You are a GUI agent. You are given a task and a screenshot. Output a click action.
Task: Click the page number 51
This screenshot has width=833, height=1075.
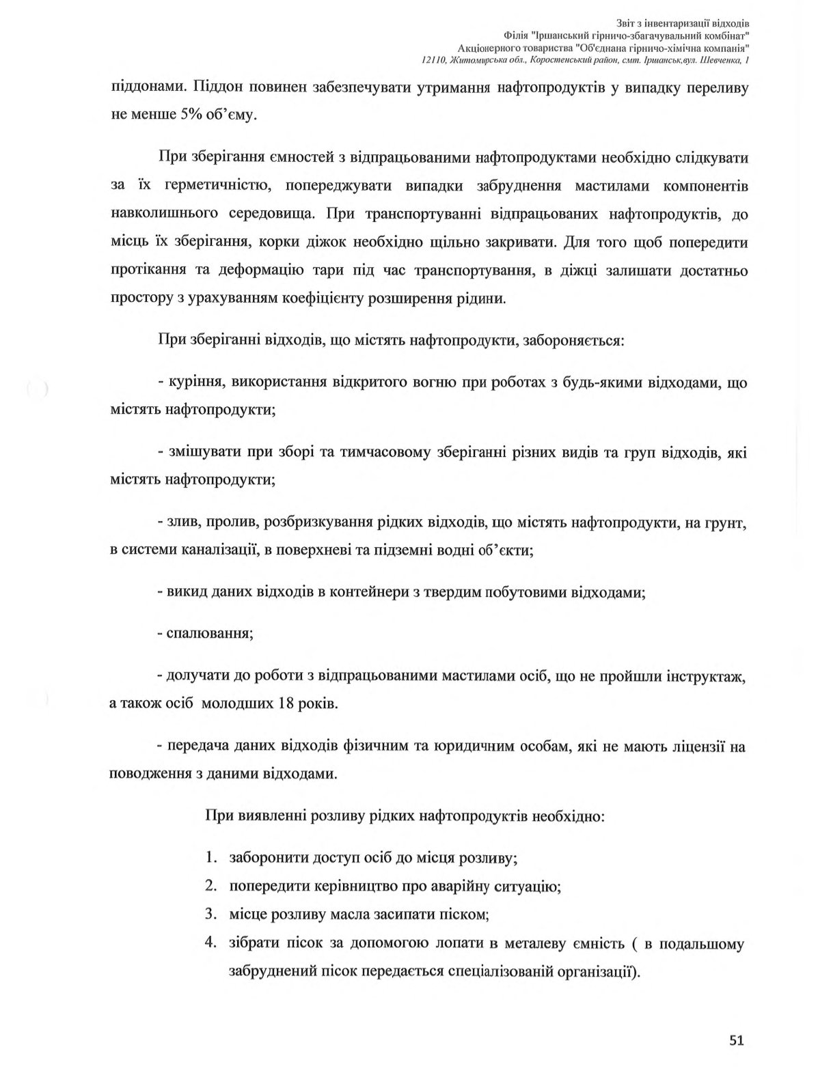tap(736, 1040)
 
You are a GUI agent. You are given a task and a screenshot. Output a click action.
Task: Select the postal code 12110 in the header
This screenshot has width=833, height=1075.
tap(433, 61)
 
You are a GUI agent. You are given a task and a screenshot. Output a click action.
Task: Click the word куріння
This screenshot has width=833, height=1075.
tap(195, 382)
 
